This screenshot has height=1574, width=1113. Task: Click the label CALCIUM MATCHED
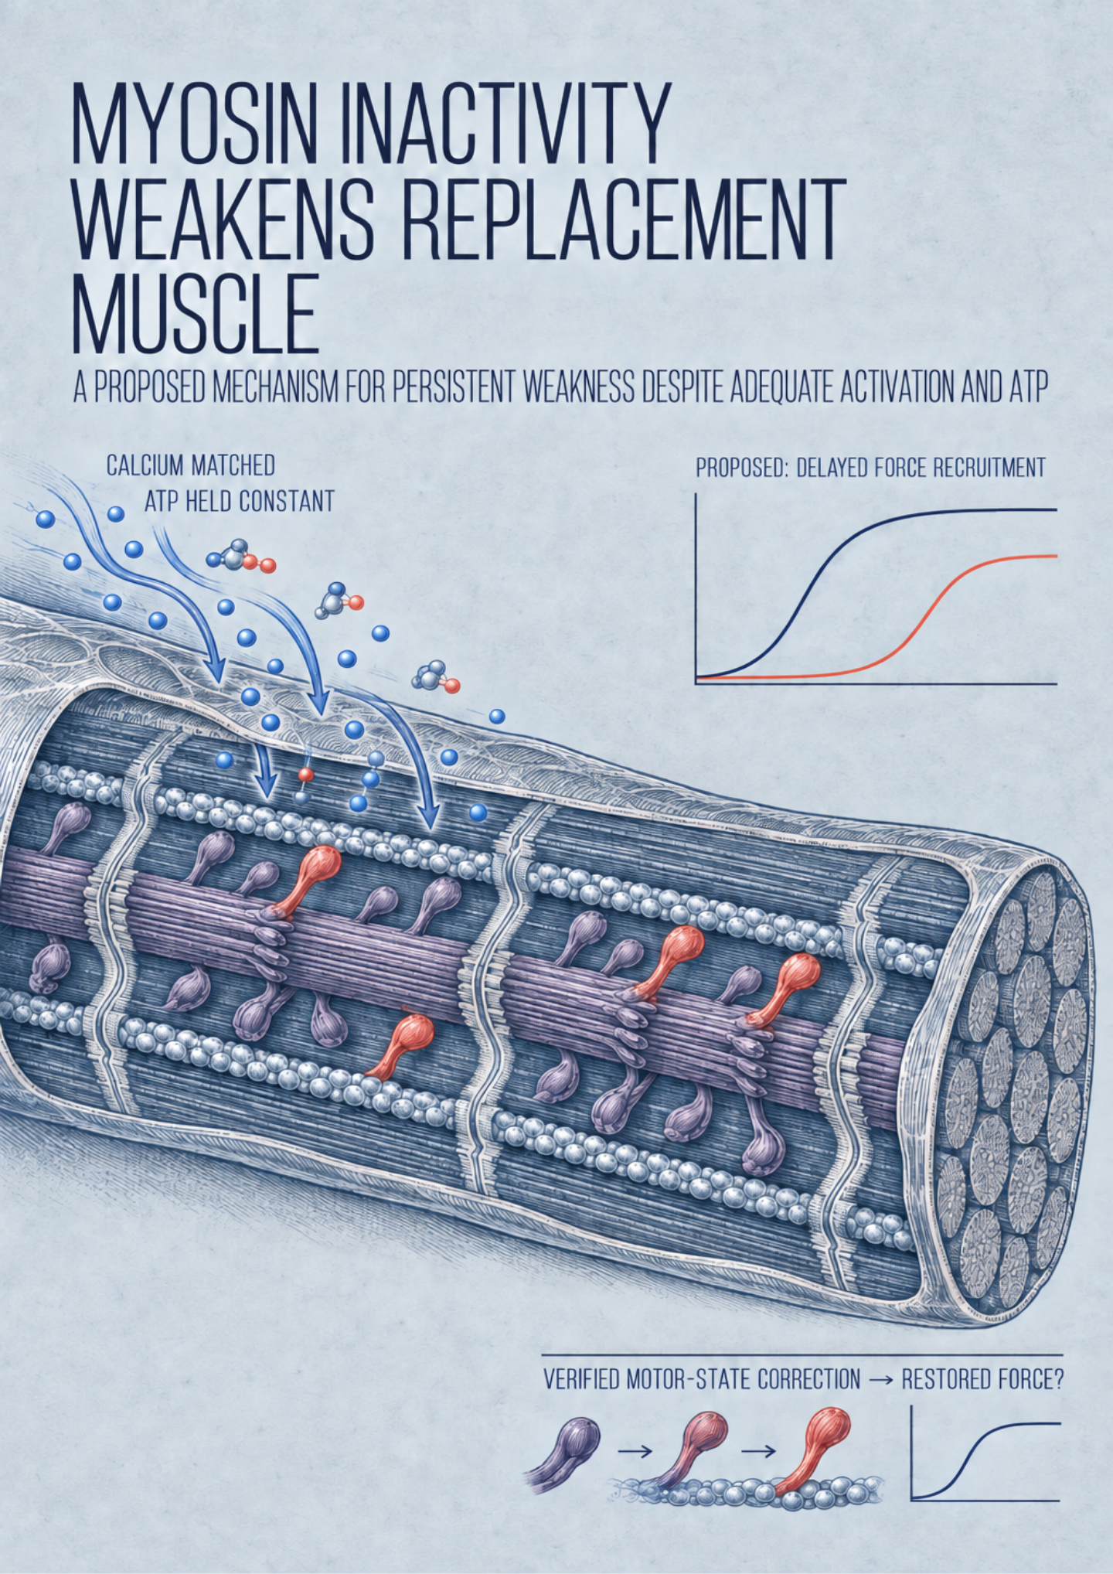[191, 465]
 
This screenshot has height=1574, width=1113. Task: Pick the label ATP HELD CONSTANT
[240, 502]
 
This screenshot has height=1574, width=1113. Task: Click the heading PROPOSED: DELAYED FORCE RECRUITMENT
[871, 468]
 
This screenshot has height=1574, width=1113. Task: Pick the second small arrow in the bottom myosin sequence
[757, 1452]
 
